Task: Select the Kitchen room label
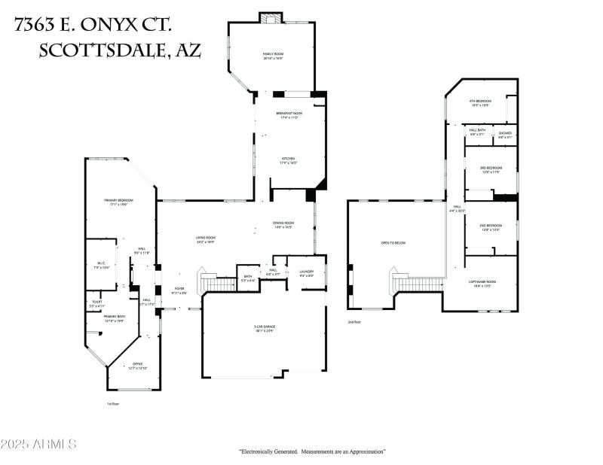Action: (288, 160)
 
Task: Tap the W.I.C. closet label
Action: (101, 265)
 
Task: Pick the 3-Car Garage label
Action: (264, 328)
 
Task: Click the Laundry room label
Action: (307, 273)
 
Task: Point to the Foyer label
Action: (179, 290)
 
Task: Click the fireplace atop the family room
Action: (270, 17)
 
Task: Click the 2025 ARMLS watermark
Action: (39, 445)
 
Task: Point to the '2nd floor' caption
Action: (354, 322)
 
